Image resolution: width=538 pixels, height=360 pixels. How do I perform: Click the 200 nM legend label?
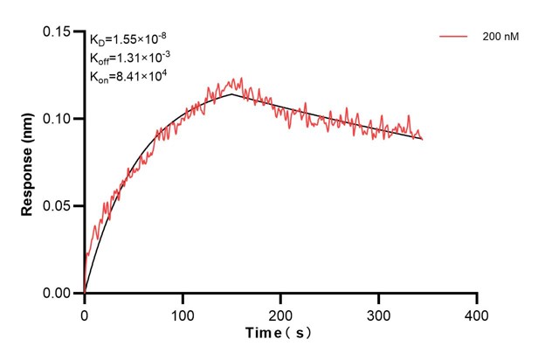pos(500,38)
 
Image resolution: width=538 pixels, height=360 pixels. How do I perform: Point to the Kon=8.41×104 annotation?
pos(128,76)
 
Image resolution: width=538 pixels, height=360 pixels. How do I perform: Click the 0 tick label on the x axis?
pos(84,313)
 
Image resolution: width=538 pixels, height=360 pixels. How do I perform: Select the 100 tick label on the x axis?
pos(183,313)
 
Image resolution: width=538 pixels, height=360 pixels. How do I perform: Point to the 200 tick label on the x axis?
pos(280,313)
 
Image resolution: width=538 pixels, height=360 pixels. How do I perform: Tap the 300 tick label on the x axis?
pos(379,313)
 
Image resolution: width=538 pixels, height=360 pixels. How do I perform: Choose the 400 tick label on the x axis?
pos(477,313)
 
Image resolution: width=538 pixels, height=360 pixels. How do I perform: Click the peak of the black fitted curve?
pos(231,94)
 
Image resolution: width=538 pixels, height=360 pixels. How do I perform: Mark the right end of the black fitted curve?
pos(423,139)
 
